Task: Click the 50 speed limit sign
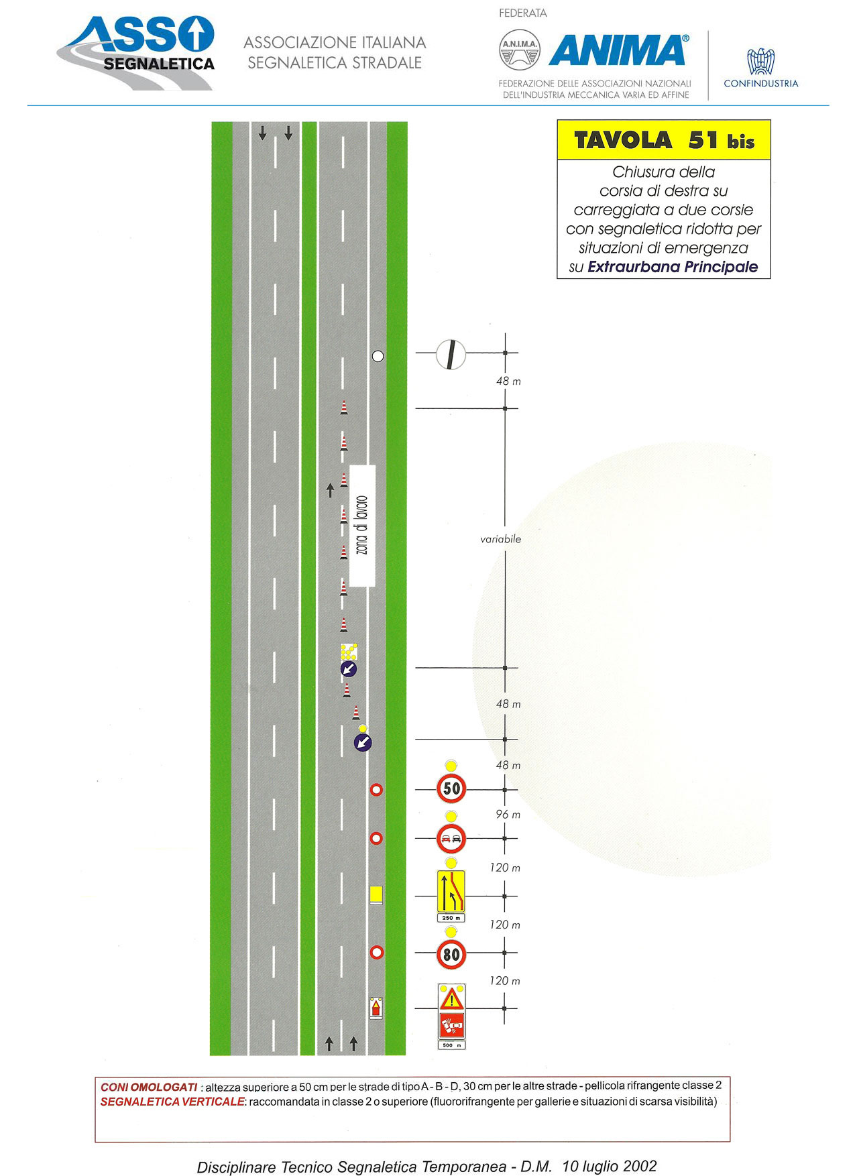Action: coord(451,788)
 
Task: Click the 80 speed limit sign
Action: coord(451,953)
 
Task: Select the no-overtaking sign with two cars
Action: coord(451,839)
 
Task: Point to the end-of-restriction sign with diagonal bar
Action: coord(451,354)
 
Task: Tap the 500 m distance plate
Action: coord(451,1045)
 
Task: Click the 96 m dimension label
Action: coord(508,815)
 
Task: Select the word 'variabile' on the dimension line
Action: coord(500,539)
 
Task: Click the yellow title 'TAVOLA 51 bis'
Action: coord(664,140)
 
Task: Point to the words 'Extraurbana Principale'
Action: coord(673,267)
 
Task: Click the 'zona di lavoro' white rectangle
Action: coord(362,526)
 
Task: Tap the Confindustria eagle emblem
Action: coord(761,62)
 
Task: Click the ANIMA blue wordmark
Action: coord(618,51)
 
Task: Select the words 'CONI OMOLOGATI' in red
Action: coord(149,1087)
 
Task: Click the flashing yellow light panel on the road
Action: coord(349,652)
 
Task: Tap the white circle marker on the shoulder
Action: coord(378,356)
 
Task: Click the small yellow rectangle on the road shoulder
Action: coord(376,894)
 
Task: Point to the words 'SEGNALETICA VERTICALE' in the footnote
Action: coord(172,1102)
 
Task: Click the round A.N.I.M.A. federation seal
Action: coord(520,50)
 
